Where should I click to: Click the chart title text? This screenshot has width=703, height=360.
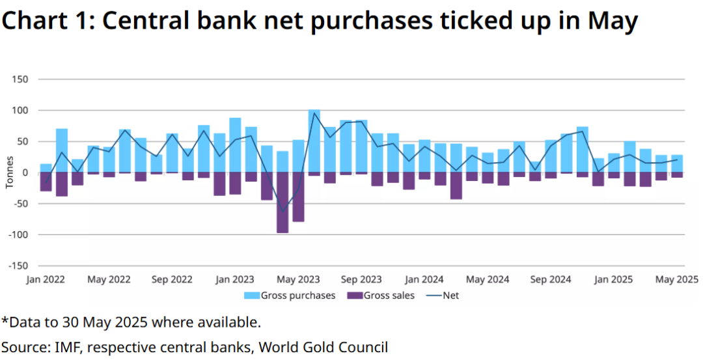point(319,22)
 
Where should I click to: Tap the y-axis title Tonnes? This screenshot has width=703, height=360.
point(9,173)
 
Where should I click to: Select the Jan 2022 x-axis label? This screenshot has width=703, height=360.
point(45,279)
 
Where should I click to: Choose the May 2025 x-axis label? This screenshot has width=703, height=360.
point(677,279)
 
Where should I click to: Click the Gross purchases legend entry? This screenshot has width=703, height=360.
point(290,296)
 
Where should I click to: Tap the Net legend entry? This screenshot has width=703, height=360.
point(442,296)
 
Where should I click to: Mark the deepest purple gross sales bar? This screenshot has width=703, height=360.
point(283,202)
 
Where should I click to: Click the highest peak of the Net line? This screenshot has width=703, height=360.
point(314,113)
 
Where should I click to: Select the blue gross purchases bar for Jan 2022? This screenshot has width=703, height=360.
point(46,168)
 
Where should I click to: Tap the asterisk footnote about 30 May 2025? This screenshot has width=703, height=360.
point(131,322)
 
